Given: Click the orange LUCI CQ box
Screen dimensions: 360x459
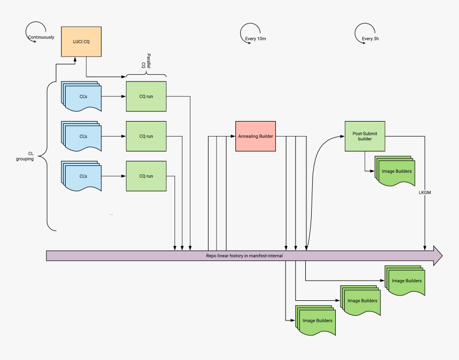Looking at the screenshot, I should pos(81,41).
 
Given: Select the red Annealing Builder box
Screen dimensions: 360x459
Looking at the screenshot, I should pos(256,136).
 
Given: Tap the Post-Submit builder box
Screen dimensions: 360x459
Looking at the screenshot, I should pos(365,136).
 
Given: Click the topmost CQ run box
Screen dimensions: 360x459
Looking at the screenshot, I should pos(146,97).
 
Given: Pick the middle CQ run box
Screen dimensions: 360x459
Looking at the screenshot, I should pos(146,136).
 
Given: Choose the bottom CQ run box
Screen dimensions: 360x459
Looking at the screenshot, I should pos(146,176).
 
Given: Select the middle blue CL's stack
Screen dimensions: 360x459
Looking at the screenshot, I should pos(82,137).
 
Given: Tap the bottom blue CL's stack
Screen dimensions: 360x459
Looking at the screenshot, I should pos(82,177).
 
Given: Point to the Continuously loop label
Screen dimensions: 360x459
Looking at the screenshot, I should pos(41,37).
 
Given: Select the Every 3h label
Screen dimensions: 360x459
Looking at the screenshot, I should pos(370,38).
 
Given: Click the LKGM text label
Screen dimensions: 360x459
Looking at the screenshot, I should pos(425,192).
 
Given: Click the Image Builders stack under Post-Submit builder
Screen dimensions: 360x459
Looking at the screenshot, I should pos(395,172).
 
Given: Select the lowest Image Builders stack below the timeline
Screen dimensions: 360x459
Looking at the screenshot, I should pos(316,321).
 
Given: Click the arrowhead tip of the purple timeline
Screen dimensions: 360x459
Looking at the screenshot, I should pos(441,256).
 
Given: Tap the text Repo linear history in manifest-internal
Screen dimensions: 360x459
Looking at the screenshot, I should pos(244,256).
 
